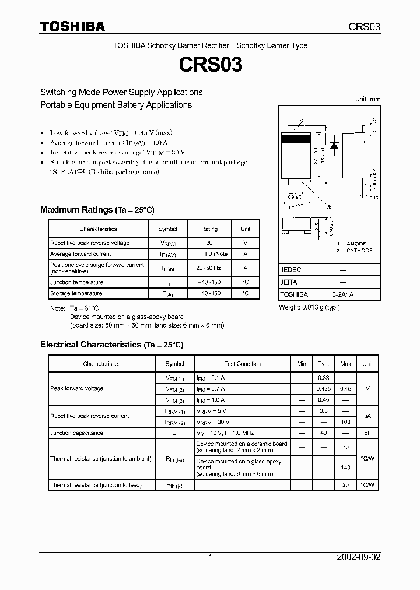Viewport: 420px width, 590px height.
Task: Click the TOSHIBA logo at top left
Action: [x=72, y=26]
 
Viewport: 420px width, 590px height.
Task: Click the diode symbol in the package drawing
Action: [x=335, y=146]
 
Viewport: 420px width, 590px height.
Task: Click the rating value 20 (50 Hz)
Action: [x=209, y=268]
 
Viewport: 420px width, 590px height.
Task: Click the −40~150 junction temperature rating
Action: [x=209, y=282]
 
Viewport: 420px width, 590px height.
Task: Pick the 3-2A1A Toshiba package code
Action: [x=342, y=294]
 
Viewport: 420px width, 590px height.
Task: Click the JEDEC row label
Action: [x=290, y=270]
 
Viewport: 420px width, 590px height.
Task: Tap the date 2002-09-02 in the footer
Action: [x=359, y=557]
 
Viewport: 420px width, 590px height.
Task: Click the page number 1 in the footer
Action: [x=210, y=557]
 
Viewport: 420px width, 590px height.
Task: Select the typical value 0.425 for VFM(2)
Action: [x=323, y=388]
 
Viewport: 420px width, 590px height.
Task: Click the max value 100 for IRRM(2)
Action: [x=345, y=422]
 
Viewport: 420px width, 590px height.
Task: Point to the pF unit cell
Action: [x=367, y=433]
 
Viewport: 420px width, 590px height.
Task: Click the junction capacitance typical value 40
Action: [x=323, y=433]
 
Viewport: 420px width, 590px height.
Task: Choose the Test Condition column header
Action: [x=242, y=364]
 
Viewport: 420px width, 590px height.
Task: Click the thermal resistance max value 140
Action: [x=345, y=468]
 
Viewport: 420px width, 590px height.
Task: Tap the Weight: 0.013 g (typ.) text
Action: [x=310, y=307]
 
